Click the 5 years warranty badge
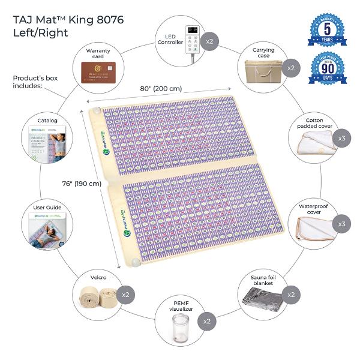coord(327,29)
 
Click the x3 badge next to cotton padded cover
coord(341,139)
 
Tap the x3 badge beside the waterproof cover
coord(341,224)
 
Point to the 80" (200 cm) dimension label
coord(159,89)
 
